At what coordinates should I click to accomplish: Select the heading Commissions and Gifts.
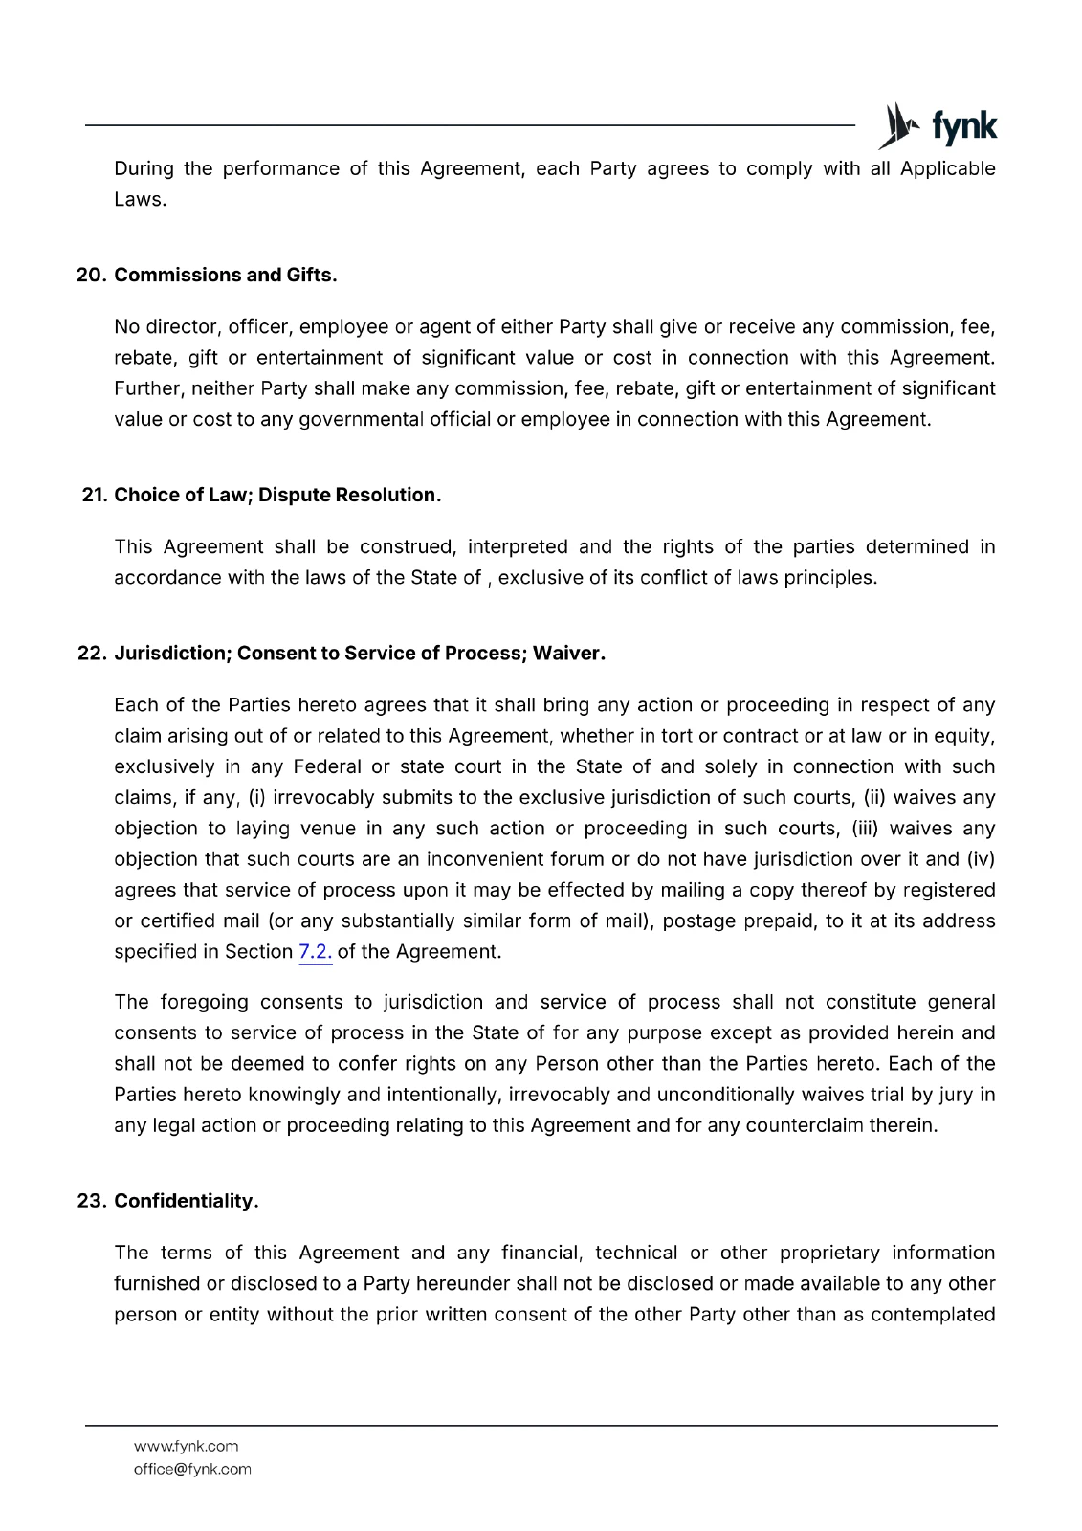(226, 276)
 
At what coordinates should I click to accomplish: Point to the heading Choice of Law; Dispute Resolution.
(277, 496)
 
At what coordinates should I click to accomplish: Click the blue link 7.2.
(316, 952)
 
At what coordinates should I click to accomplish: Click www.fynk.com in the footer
(186, 1447)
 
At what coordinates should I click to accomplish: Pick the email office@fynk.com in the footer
(192, 1470)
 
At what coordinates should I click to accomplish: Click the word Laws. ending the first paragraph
(141, 200)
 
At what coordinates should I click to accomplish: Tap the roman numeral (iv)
(981, 859)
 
